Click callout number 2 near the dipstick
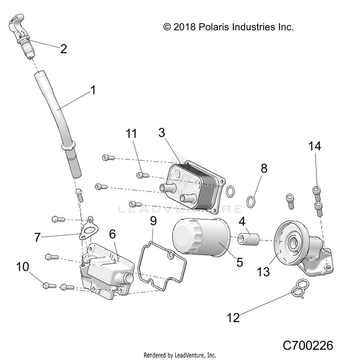(x=63, y=48)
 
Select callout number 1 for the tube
(x=93, y=90)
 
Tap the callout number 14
(x=315, y=146)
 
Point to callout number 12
(x=233, y=318)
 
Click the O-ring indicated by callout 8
(x=251, y=200)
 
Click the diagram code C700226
(x=307, y=345)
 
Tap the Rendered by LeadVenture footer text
(x=180, y=356)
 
